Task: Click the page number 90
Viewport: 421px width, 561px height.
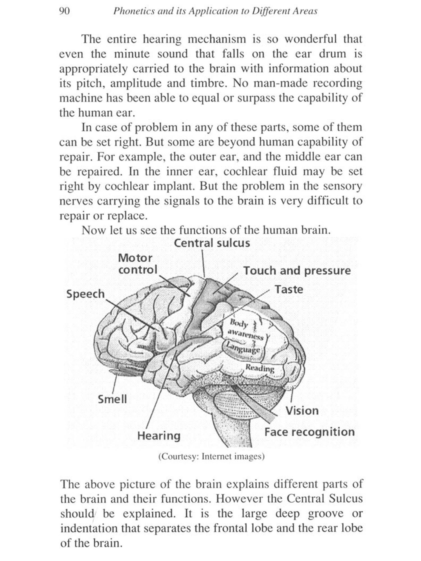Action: (64, 11)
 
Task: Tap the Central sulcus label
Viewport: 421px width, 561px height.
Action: (212, 243)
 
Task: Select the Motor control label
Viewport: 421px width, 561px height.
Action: (137, 264)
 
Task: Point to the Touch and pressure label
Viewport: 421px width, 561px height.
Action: (297, 271)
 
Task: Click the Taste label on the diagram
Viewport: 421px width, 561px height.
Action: (289, 289)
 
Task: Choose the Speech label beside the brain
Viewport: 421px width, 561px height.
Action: (85, 294)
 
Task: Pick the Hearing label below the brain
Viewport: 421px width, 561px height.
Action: (159, 436)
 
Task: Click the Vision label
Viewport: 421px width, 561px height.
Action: (302, 411)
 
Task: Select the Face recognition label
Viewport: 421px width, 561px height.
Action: (309, 432)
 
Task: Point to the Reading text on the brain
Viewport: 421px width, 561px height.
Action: (260, 368)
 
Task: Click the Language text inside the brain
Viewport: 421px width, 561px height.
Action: (244, 348)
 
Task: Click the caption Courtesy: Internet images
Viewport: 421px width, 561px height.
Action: (211, 456)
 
